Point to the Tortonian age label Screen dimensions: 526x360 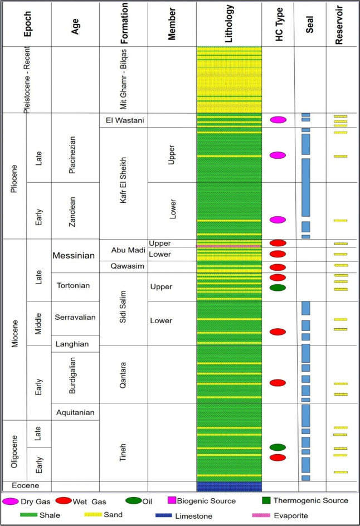(x=75, y=286)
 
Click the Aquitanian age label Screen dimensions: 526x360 (x=75, y=412)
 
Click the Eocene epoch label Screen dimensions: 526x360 (x=26, y=486)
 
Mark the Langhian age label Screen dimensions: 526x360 (x=75, y=340)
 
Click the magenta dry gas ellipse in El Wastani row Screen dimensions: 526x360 (x=278, y=120)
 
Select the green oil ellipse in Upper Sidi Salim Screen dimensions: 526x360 (x=278, y=288)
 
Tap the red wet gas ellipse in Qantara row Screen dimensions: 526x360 (x=278, y=383)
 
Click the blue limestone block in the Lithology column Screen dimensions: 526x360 (x=229, y=486)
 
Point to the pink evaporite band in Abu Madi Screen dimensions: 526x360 (x=229, y=246)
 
